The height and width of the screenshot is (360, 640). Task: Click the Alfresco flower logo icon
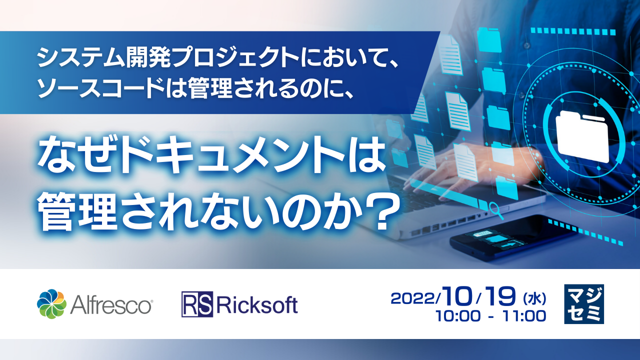pos(51,304)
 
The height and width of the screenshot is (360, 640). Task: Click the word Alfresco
pos(111,304)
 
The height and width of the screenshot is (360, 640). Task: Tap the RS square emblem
pos(197,304)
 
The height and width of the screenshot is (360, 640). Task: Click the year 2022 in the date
pos(414,298)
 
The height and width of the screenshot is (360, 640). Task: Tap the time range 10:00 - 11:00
pos(490,316)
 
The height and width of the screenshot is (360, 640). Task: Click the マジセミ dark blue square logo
pos(583,304)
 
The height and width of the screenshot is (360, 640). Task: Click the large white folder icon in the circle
pos(583,133)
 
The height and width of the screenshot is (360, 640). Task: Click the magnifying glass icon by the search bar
pos(497,208)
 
